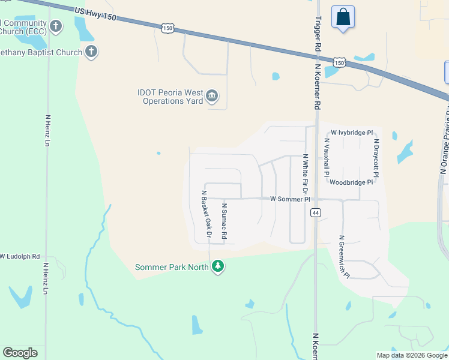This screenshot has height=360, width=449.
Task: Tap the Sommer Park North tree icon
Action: [218, 266]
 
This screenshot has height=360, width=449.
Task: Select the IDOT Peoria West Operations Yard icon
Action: [212, 96]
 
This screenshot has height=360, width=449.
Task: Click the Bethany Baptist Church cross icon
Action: [91, 52]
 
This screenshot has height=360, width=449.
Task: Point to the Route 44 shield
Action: [315, 212]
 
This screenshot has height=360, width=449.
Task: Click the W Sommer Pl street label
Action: [290, 199]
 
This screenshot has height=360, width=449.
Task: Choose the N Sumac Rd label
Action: [224, 221]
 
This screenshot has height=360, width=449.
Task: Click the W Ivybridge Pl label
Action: [352, 133]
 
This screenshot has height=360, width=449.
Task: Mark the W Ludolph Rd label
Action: [20, 256]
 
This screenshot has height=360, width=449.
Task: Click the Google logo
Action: [20, 353]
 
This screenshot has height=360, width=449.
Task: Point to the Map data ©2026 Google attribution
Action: [411, 355]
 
